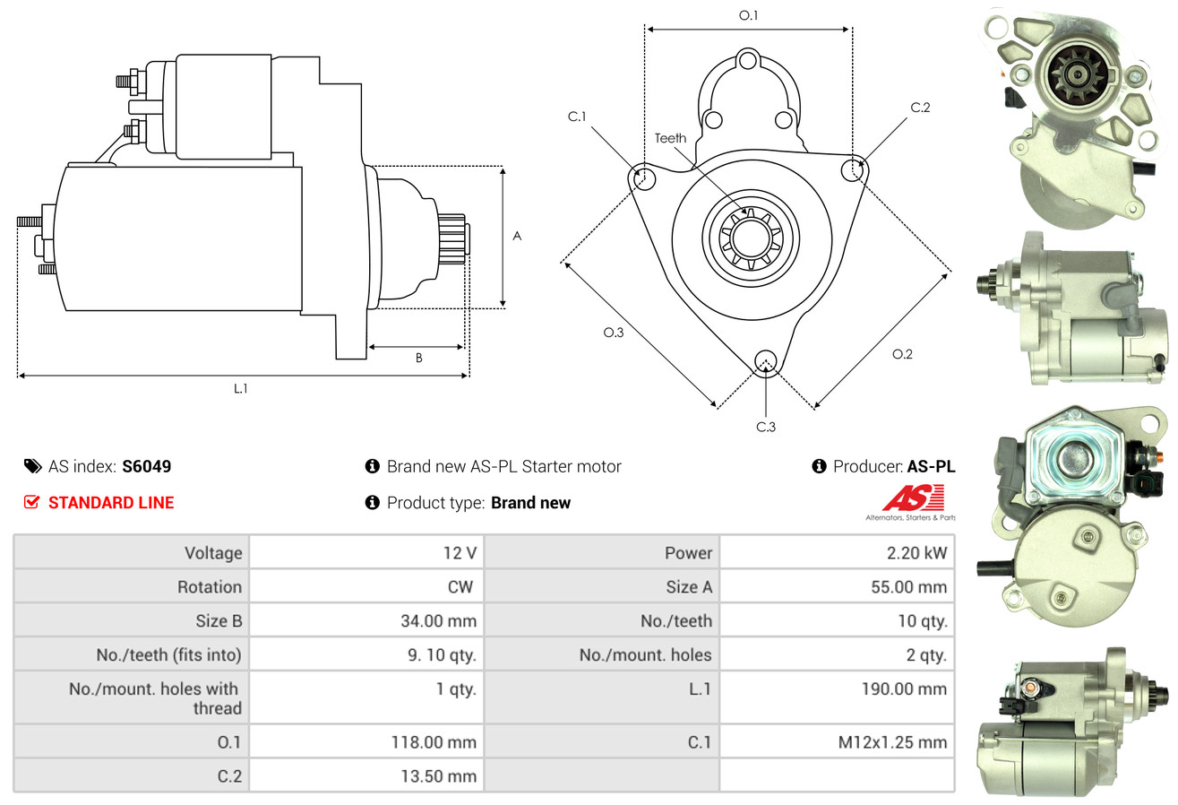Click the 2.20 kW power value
click(x=916, y=552)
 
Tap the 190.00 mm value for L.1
click(x=904, y=688)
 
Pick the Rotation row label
click(x=210, y=586)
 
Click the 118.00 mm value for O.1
click(x=434, y=742)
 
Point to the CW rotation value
click(x=460, y=586)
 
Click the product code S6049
click(x=146, y=466)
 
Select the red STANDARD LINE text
click(x=111, y=503)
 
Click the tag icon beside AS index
click(x=32, y=466)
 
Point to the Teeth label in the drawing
click(x=670, y=138)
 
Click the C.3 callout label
click(x=766, y=427)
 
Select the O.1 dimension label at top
click(x=748, y=15)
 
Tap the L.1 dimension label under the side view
click(x=240, y=388)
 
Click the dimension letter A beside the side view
click(x=517, y=236)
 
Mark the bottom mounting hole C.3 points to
click(x=765, y=361)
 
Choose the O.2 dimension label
click(x=902, y=354)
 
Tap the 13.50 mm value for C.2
click(x=439, y=776)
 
